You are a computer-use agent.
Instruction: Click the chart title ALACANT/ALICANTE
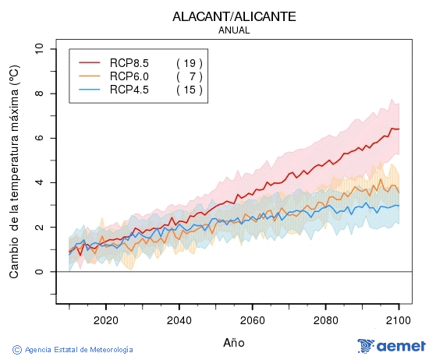point(234,16)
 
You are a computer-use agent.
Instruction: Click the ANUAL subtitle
point(234,30)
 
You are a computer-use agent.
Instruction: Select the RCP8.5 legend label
point(129,62)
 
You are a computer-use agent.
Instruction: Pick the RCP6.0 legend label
point(129,76)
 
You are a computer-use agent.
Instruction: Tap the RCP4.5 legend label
point(129,90)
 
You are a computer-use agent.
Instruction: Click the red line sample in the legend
point(90,62)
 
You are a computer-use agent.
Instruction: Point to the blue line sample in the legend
point(90,90)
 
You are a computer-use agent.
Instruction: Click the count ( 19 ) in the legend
point(190,62)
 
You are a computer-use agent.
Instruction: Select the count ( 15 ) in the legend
point(190,90)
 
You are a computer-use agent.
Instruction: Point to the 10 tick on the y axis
point(40,49)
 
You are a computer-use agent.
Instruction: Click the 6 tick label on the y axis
point(40,138)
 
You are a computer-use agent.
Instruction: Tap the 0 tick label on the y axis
point(40,272)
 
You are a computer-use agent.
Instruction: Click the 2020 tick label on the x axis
point(105,319)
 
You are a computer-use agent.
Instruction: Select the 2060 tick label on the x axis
point(253,319)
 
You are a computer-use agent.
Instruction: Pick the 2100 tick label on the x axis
point(399,319)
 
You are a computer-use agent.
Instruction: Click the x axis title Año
point(234,342)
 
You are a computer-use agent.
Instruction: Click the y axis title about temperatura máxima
point(14,171)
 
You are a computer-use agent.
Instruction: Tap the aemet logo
point(392,346)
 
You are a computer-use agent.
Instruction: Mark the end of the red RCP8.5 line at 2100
point(399,129)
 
